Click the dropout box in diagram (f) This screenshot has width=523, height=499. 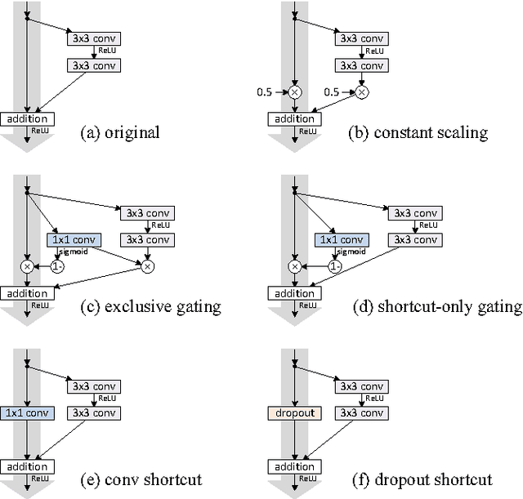[x=295, y=413]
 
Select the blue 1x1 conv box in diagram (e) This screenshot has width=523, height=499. [x=27, y=413]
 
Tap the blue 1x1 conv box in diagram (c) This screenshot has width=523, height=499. [x=74, y=240]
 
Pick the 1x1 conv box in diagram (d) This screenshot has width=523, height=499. [x=342, y=240]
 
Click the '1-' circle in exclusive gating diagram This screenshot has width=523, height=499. [x=57, y=267]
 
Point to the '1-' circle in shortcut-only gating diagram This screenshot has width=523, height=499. [x=335, y=267]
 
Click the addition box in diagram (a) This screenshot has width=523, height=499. [x=27, y=119]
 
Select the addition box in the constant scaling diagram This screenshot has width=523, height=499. [x=295, y=119]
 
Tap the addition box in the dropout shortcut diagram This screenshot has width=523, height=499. [x=295, y=467]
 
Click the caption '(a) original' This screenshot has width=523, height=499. [x=120, y=132]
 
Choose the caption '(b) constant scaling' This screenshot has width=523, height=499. [x=418, y=132]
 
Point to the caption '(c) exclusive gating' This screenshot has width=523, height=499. [x=150, y=306]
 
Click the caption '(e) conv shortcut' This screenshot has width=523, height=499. [x=141, y=480]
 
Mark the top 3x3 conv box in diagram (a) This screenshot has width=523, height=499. [x=94, y=38]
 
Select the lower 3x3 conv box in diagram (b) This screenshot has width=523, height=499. [x=362, y=65]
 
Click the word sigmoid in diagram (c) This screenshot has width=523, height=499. [x=74, y=252]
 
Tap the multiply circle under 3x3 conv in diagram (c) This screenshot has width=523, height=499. [x=148, y=267]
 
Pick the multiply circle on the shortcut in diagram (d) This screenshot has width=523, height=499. [x=295, y=267]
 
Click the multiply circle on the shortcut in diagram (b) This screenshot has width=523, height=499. [x=295, y=92]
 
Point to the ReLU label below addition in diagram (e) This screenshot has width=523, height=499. [x=40, y=479]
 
